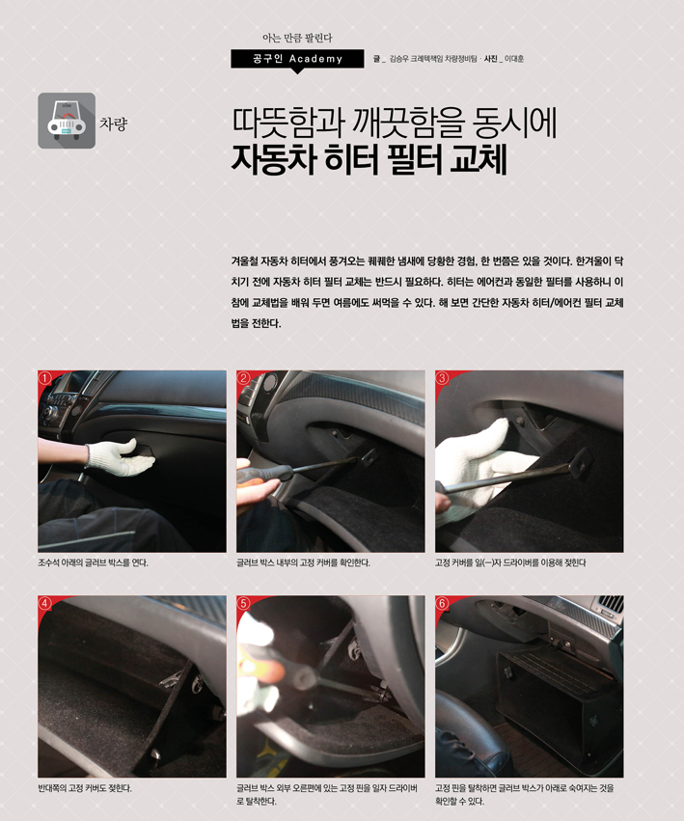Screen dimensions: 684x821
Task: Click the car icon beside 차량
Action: [67, 121]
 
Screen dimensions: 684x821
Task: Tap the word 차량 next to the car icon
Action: [113, 123]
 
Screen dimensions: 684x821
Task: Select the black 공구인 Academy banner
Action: [297, 59]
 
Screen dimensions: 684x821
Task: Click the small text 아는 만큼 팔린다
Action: [297, 38]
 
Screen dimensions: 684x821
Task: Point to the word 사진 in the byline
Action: [491, 59]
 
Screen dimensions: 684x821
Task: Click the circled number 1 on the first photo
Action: [45, 378]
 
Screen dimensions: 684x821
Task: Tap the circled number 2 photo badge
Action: [243, 378]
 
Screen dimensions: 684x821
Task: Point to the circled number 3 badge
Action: [442, 378]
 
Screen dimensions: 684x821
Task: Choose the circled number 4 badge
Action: [45, 603]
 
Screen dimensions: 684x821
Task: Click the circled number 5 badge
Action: [243, 603]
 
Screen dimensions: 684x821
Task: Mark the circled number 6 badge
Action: [442, 603]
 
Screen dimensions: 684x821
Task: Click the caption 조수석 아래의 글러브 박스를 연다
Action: [93, 562]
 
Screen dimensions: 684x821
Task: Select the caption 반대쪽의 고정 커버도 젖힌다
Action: [85, 788]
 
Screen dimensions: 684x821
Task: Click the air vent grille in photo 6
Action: [610, 604]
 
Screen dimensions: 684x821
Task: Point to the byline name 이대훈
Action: [514, 59]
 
